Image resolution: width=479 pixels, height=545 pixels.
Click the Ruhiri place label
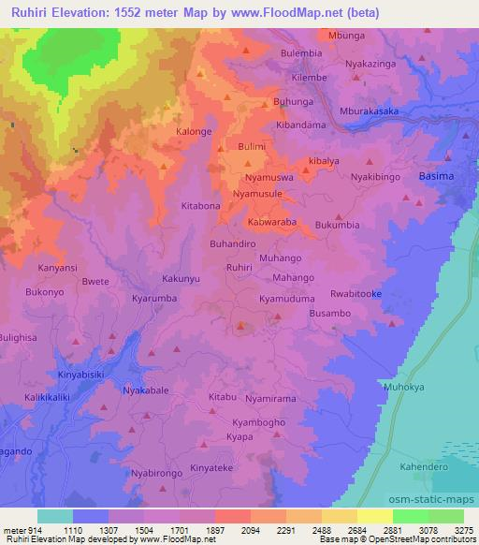pos(239,267)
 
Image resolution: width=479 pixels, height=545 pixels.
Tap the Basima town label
pos(436,176)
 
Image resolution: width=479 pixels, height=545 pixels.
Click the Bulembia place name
pos(300,53)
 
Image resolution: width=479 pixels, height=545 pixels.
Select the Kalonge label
pos(195,132)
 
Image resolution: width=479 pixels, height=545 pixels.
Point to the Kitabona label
pos(200,205)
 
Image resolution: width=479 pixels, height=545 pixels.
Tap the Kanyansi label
pos(57,268)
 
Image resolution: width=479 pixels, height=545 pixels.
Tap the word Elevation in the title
pos(76,9)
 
